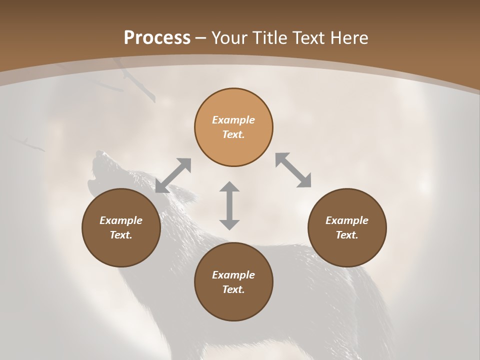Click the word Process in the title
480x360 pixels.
[157, 38]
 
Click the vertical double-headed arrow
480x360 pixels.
[229, 205]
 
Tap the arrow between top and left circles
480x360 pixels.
[173, 175]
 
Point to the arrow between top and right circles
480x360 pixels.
[293, 170]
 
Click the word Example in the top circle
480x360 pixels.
[233, 120]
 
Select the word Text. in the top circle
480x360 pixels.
[233, 134]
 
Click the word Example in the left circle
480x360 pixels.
[121, 220]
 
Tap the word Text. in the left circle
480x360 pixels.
[121, 235]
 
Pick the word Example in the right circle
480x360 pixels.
[347, 220]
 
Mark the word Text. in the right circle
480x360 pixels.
[347, 235]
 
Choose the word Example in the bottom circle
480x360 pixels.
[233, 275]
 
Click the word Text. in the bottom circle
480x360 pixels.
[233, 289]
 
